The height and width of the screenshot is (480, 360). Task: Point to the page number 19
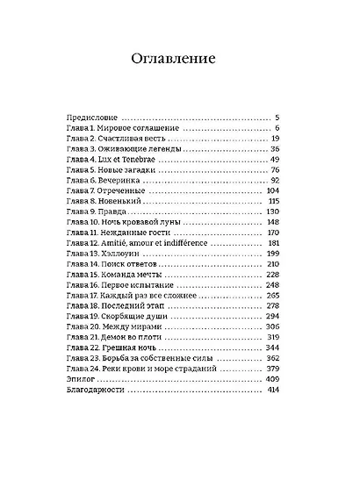[x=275, y=139]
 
